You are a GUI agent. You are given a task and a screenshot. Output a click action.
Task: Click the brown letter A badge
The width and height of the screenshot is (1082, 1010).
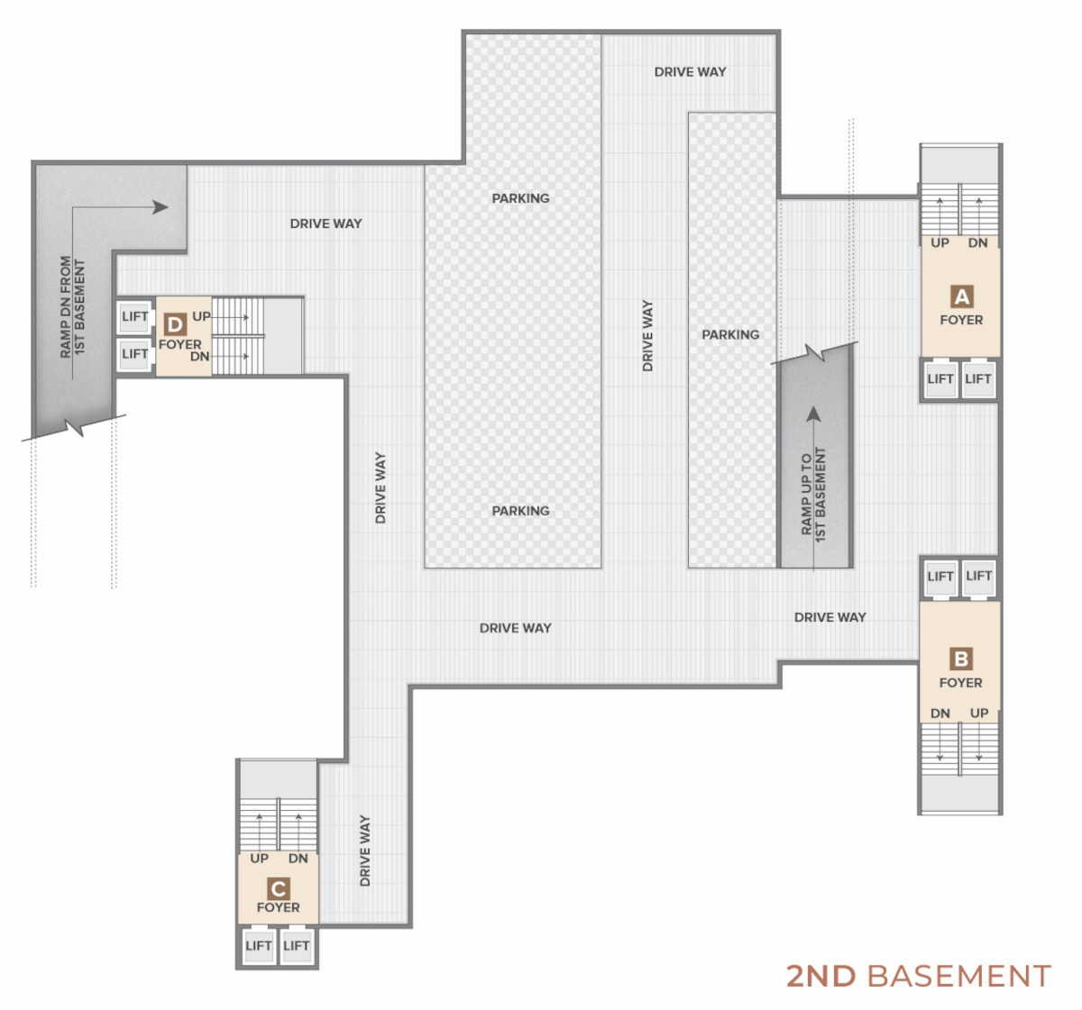961,296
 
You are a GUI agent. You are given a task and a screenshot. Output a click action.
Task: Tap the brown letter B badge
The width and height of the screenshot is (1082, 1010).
961,659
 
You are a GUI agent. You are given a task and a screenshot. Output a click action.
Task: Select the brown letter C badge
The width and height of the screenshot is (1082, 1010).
279,888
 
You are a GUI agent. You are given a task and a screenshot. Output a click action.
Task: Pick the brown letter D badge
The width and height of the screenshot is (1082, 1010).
176,324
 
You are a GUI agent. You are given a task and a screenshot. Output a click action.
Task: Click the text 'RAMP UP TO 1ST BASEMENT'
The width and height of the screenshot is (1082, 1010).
813,495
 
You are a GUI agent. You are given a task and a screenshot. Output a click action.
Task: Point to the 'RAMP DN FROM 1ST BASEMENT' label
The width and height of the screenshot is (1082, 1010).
73,307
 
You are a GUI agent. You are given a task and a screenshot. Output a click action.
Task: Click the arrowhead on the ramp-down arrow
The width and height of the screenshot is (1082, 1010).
160,207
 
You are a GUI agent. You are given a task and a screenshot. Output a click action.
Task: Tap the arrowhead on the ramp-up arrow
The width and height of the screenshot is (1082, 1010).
813,414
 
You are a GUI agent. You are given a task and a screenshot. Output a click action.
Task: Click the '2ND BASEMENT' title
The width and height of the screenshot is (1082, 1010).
919,976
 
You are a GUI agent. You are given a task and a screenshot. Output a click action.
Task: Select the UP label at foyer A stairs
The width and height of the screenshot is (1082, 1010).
940,243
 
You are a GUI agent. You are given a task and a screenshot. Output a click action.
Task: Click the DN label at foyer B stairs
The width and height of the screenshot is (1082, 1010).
940,713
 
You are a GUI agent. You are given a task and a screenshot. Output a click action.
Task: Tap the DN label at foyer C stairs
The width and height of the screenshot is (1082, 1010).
298,858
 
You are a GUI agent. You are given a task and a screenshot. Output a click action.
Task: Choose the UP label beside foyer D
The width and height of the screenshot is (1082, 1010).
202,316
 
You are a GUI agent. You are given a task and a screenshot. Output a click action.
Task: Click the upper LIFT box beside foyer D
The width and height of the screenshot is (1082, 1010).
134,316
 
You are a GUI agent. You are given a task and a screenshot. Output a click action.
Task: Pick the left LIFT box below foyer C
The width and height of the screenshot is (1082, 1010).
258,945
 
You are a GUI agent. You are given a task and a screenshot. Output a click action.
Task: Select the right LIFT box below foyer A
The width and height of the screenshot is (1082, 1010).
978,378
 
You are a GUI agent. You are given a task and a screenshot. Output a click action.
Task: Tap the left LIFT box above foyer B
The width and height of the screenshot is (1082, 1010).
940,576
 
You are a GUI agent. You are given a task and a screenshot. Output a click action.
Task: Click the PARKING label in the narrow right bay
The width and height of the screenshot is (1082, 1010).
730,334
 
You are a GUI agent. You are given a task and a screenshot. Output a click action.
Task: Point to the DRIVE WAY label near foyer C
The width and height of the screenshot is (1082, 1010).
365,851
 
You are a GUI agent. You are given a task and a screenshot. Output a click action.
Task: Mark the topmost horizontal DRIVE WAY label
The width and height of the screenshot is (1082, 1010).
691,72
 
